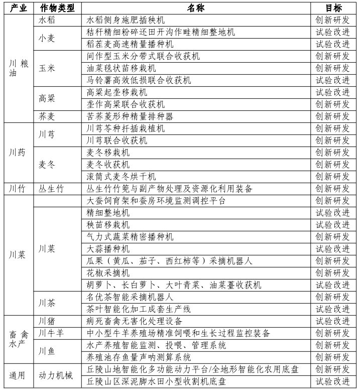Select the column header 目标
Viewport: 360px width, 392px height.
coord(332,8)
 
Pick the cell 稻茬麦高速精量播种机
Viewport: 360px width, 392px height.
coord(130,44)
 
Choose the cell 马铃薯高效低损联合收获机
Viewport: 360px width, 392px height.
coord(139,80)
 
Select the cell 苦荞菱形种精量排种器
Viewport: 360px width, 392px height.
coord(130,116)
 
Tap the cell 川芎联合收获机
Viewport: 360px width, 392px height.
coord(117,141)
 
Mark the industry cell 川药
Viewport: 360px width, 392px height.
coord(18,153)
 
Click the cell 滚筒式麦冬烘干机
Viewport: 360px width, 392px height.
coord(121,177)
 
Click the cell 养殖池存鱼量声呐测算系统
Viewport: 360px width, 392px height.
coord(139,357)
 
